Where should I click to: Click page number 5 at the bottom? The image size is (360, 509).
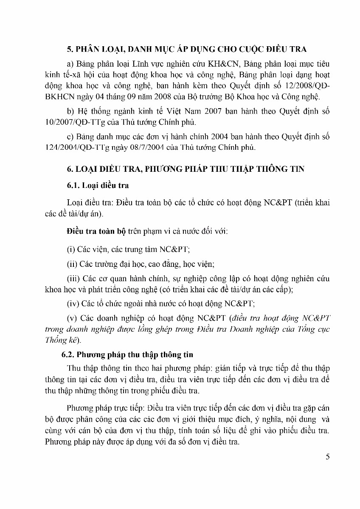coord(327,457)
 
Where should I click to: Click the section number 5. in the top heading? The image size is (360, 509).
coord(71,49)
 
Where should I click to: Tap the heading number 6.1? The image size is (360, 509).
coord(75,185)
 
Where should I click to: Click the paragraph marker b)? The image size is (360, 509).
coord(70,111)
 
